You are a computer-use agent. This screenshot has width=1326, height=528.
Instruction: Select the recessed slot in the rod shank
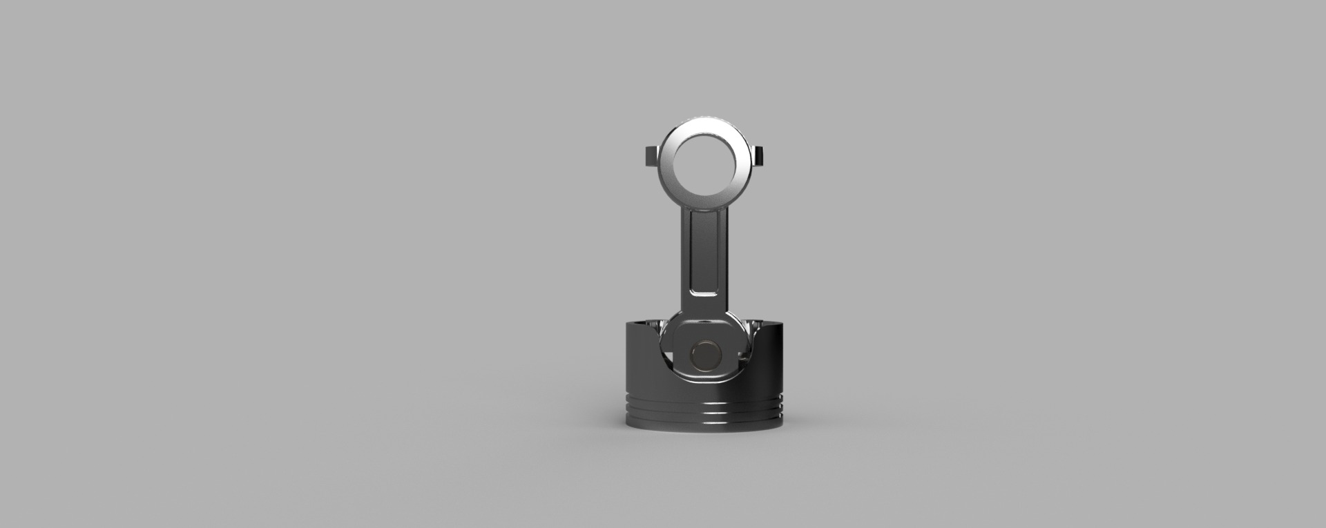704,255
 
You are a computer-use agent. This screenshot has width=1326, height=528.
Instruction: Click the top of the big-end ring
704,124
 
